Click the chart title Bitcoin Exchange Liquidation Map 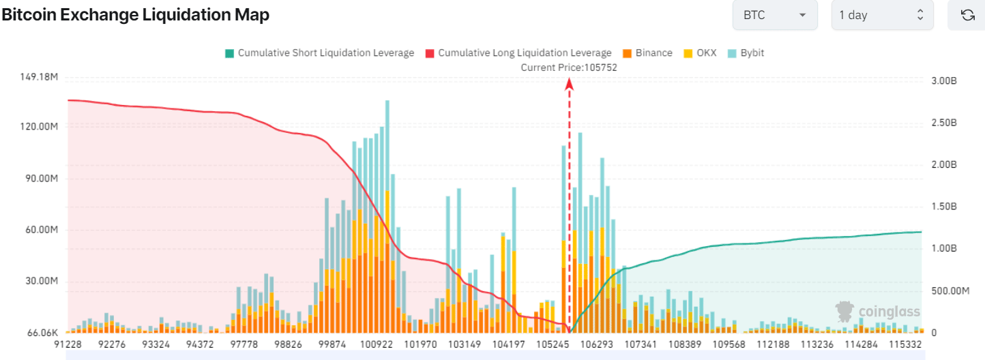tap(136, 14)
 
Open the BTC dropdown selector tap(775, 15)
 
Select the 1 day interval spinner tap(882, 15)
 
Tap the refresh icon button tap(967, 15)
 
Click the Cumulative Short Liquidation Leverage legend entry tap(320, 53)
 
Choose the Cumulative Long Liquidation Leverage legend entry tap(518, 53)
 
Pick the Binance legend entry tap(648, 53)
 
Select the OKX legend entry tap(700, 53)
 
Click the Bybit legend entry tap(746, 53)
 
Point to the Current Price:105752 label tap(569, 67)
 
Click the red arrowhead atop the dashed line tap(569, 83)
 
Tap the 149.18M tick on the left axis tap(39, 77)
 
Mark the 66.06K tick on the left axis tap(42, 333)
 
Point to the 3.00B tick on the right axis tap(944, 81)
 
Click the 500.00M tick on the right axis tap(950, 291)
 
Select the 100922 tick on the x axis tap(377, 344)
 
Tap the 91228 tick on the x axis tap(68, 344)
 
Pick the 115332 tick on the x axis tap(905, 344)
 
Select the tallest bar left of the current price tap(387, 216)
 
